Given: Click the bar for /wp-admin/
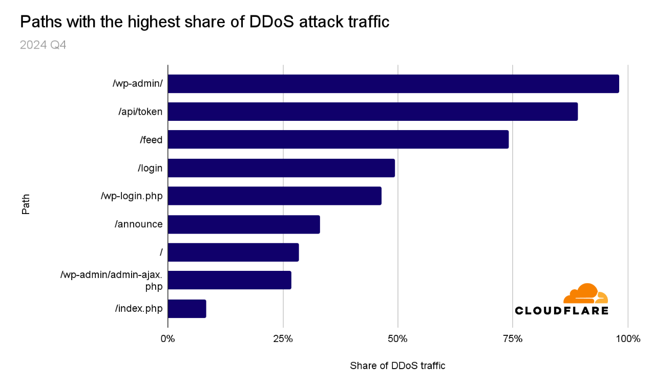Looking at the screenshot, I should (393, 84).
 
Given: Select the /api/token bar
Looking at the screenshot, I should (372, 112).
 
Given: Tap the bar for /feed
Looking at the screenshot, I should (338, 139).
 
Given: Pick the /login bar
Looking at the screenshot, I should (281, 168).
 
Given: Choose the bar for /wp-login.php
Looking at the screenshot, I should (275, 196).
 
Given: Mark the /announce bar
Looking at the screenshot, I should (244, 224).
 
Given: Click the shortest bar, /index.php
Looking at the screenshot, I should (187, 309).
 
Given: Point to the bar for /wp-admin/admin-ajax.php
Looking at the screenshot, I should (229, 280).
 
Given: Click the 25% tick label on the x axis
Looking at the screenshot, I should (283, 338).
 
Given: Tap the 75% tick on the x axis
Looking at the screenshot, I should (513, 338).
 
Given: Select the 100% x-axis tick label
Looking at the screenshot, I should (627, 338).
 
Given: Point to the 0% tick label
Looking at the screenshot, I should (167, 338).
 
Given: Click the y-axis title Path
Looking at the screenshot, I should (26, 203).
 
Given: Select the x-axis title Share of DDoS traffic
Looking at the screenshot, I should (397, 366).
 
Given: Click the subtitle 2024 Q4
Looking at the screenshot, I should (43, 45).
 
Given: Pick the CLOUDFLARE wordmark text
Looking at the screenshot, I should (561, 310).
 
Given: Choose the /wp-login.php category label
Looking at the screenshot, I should (132, 196).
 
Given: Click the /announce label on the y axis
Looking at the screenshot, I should (138, 224).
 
